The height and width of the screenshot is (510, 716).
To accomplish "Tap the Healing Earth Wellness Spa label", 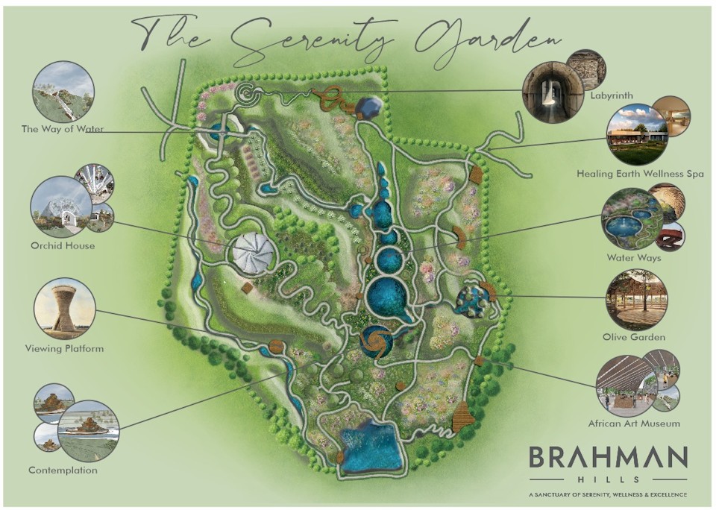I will click(x=640, y=174).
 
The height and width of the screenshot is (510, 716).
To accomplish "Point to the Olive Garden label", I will click(x=634, y=337).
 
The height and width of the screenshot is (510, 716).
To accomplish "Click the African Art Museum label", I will click(x=634, y=424).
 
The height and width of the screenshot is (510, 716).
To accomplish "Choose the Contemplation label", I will click(x=63, y=470).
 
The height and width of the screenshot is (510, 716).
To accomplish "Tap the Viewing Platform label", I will click(x=64, y=348).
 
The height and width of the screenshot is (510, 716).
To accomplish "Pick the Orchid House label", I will click(x=63, y=245).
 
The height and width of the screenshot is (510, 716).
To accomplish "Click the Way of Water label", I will click(x=63, y=129).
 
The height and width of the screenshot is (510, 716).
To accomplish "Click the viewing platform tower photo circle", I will click(x=64, y=307).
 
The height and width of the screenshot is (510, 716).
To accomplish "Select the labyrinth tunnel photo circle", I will click(x=553, y=92).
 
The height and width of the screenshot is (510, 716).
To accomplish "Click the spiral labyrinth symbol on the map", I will click(x=246, y=94).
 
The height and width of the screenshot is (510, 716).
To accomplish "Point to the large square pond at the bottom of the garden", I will click(x=370, y=447).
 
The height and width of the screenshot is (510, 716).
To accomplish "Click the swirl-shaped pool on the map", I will click(x=374, y=341).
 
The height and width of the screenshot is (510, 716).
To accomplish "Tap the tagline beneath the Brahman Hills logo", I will click(x=607, y=494).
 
